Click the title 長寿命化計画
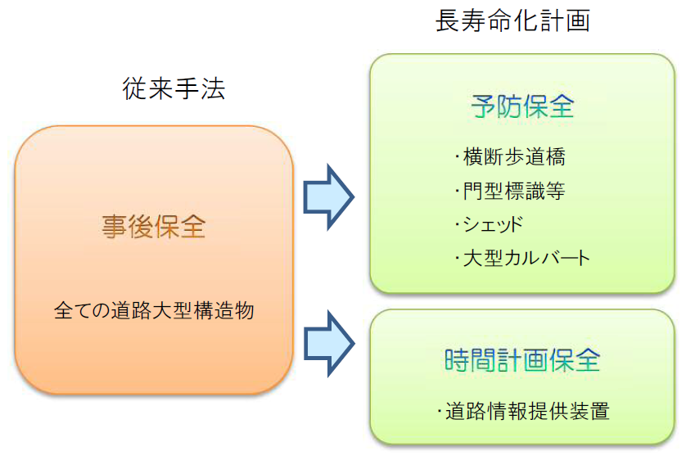(x=512, y=20)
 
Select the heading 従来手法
(x=174, y=88)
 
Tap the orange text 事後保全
(x=154, y=227)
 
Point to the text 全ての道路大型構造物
(x=154, y=310)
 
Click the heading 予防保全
(x=522, y=106)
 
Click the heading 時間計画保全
(x=522, y=360)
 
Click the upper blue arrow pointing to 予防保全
(x=328, y=196)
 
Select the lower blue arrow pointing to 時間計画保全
(x=328, y=343)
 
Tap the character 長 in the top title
(x=448, y=20)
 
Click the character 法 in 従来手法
(x=213, y=88)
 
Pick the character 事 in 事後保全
(x=114, y=227)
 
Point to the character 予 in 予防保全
(x=484, y=106)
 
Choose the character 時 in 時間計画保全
(x=457, y=360)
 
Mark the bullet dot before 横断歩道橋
(x=457, y=156)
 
